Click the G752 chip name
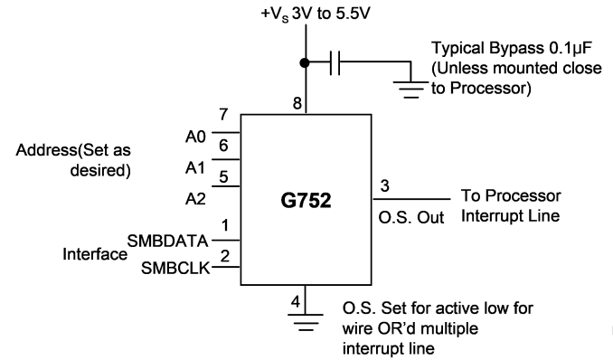pyautogui.click(x=306, y=200)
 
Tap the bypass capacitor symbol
pyautogui.click(x=335, y=62)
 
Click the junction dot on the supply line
pyautogui.click(x=305, y=62)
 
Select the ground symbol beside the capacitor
pyautogui.click(x=410, y=90)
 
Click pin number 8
pyautogui.click(x=297, y=103)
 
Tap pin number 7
pyautogui.click(x=223, y=114)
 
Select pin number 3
pyautogui.click(x=384, y=185)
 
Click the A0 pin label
pyautogui.click(x=195, y=137)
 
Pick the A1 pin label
pyautogui.click(x=195, y=168)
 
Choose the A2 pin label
pyautogui.click(x=195, y=199)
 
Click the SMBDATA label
pyautogui.click(x=167, y=241)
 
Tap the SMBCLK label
pyautogui.click(x=175, y=268)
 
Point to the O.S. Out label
pyautogui.click(x=411, y=218)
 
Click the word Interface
pyautogui.click(x=95, y=254)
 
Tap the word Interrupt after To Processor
pyautogui.click(x=493, y=215)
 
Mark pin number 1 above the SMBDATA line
pyautogui.click(x=225, y=225)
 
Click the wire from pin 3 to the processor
pyautogui.click(x=411, y=199)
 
